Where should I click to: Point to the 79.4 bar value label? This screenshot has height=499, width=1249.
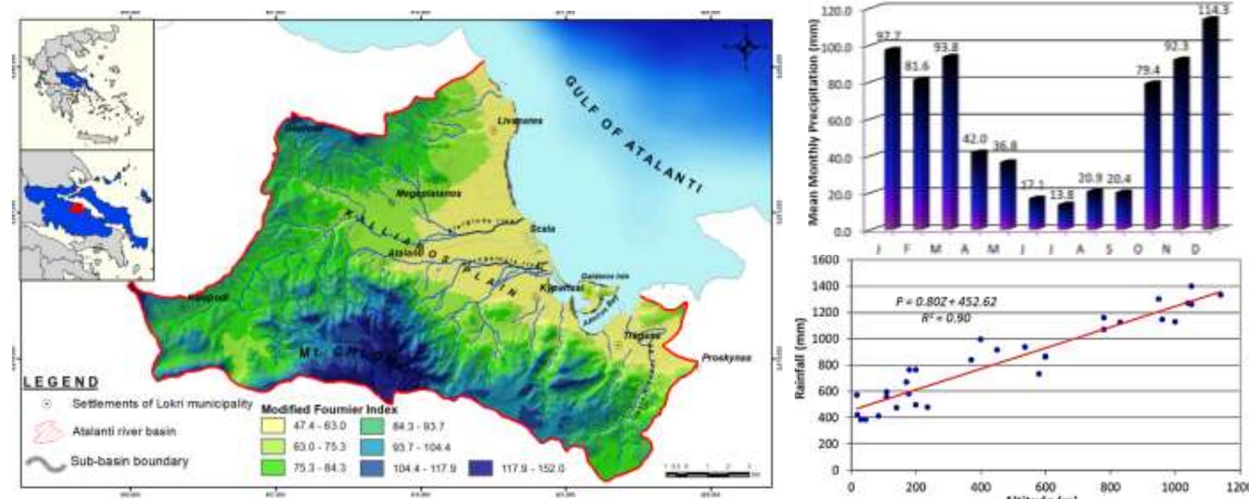coord(1149,71)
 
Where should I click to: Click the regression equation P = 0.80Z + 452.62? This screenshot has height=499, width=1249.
coord(945,302)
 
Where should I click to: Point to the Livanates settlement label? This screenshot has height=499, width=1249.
coord(520,121)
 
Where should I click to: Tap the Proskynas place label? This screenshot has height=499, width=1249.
coord(726,358)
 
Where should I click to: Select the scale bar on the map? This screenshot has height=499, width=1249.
coord(711,473)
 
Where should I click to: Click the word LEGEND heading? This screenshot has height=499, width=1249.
coord(61,382)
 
